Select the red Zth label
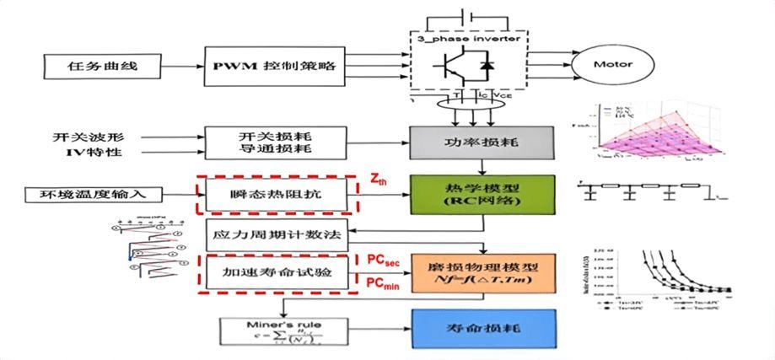click(x=378, y=178)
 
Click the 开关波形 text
click(x=82, y=136)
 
